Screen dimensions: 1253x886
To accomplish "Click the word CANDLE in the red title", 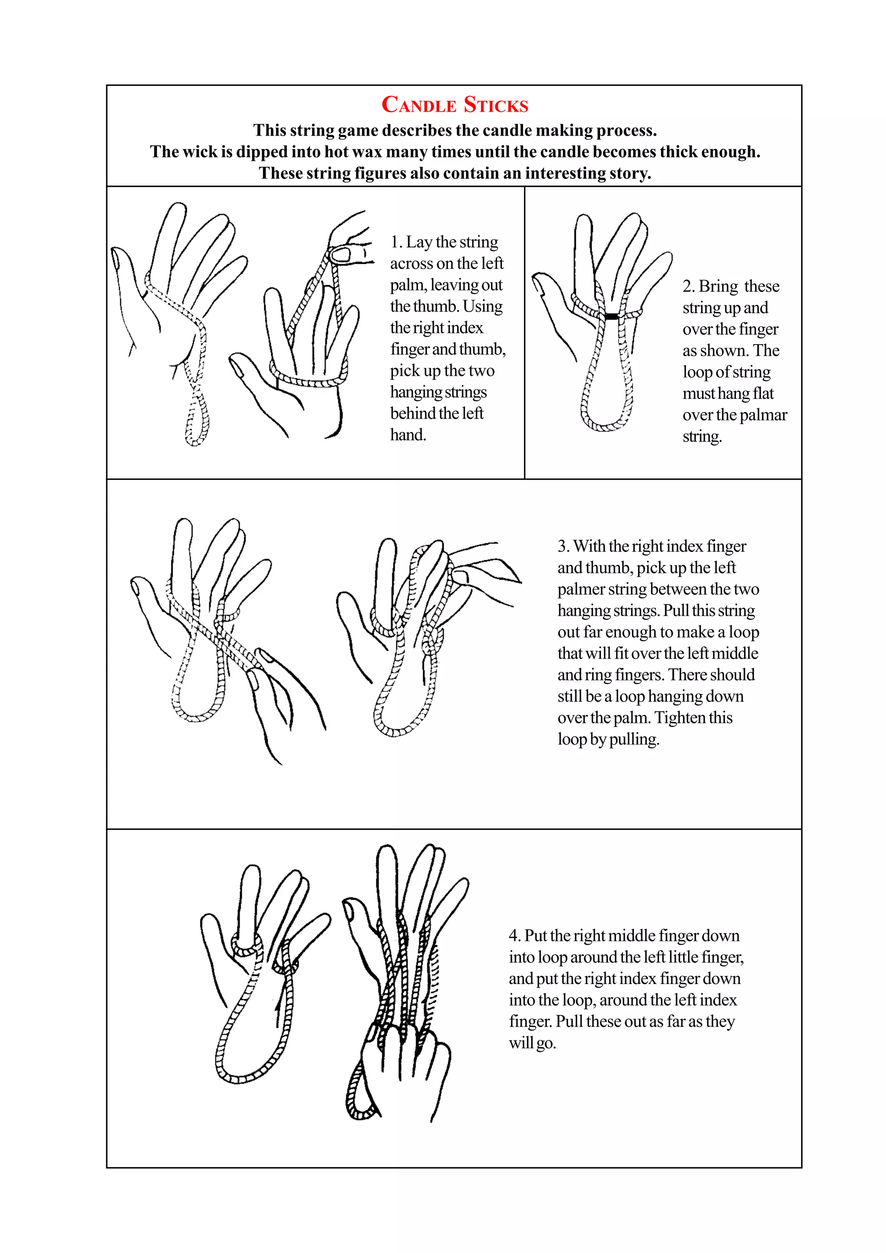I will point(419,104).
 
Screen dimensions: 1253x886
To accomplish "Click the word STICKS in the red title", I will point(496,104).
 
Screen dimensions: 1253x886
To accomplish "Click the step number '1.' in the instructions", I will point(396,242).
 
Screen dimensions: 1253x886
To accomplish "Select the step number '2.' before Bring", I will point(688,287).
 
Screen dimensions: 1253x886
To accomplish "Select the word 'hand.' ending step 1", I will point(408,435).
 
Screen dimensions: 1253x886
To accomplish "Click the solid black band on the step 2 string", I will point(611,316).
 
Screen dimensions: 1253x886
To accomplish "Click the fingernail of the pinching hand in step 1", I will point(340,254).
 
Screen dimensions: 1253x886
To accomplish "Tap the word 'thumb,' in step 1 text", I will point(483,349).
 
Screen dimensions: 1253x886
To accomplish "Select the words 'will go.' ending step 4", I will point(532,1043).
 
